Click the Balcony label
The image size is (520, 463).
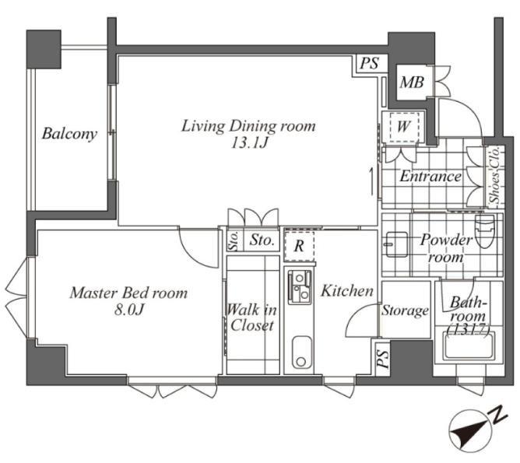coord(69,134)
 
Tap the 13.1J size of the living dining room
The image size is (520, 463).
coord(249,143)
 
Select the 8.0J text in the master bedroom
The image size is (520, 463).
coord(128,310)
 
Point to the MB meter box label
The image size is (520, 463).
coord(412,82)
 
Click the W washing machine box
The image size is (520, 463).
coord(403,127)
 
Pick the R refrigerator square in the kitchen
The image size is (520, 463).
coord(299,246)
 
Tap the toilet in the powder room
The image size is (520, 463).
coord(484,231)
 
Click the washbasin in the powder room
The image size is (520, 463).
coord(397,244)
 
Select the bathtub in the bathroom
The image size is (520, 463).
coord(469,345)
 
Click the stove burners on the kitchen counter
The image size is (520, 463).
coord(300,287)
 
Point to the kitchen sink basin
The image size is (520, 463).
coord(301,352)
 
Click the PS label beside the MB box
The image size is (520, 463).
coord(369,63)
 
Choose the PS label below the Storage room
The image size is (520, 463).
coord(383,359)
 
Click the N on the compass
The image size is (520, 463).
coord(500,414)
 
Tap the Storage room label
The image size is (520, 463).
coord(405,311)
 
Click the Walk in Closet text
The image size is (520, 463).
coord(251,317)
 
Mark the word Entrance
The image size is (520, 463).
coord(430,176)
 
